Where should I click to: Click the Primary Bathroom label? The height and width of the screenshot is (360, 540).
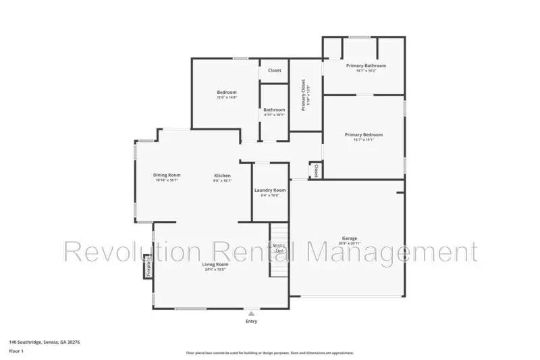pos(366,66)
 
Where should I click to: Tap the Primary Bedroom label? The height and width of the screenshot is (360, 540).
pos(364,135)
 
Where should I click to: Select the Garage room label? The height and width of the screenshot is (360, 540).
pos(349,238)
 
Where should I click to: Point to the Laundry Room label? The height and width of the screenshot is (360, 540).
pos(270,190)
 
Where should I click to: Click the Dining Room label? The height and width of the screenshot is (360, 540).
pos(167,175)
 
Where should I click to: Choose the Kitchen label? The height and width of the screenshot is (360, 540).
pos(223,175)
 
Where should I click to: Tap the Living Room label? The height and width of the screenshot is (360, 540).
pos(216,265)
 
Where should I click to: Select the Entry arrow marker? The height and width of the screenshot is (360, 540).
pos(251,314)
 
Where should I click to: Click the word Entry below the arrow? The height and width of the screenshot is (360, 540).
pos(251,322)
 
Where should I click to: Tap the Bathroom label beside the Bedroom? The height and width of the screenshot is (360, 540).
pos(274,109)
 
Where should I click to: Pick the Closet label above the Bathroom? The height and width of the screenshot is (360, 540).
pos(275,70)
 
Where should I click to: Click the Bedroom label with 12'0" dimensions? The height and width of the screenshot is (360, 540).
pos(226,93)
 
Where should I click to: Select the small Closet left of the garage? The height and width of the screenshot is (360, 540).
pos(315,170)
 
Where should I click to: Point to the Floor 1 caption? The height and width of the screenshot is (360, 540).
pos(16,352)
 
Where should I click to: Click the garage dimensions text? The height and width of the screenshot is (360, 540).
pos(349,244)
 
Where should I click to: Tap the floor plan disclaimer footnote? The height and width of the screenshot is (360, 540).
pos(269,353)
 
